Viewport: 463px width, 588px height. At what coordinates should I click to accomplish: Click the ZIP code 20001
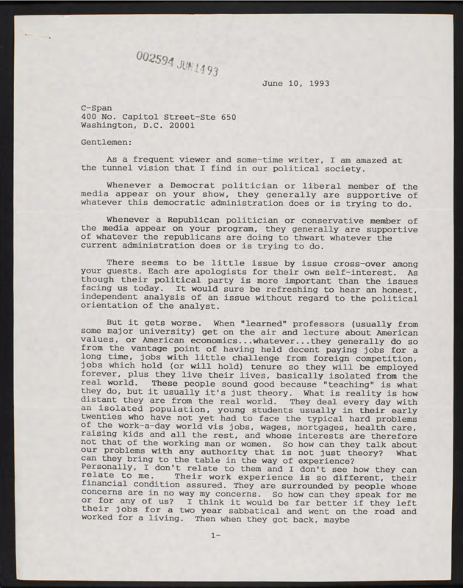pyautogui.click(x=180, y=124)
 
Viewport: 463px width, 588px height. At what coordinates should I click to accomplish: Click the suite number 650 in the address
pyautogui.click(x=226, y=115)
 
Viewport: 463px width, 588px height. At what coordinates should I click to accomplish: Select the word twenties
pyautogui.click(x=101, y=415)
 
